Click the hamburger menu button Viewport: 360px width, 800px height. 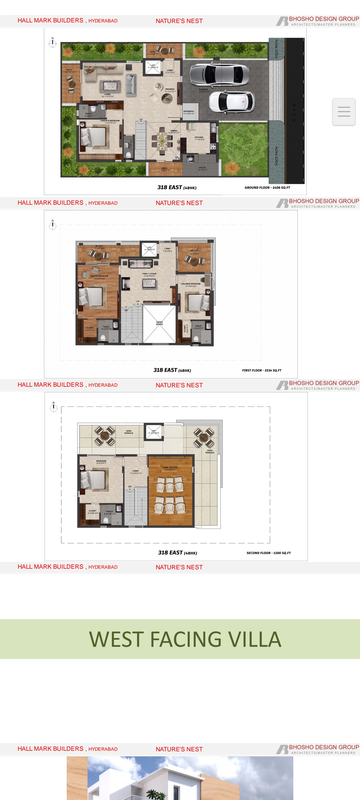coord(344,112)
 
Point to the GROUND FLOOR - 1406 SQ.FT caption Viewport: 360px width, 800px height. coord(267,188)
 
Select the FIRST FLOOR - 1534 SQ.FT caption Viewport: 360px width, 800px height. coord(261,370)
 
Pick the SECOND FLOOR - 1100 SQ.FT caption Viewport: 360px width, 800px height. coord(268,553)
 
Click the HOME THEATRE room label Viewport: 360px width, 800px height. coord(170,467)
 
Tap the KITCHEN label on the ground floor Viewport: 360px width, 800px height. coord(199,137)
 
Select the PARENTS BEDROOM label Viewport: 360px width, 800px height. coord(110,120)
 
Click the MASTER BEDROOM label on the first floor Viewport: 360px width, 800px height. coord(99,276)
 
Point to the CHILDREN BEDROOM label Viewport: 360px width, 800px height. coord(190,284)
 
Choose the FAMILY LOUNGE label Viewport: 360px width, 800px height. coord(149,274)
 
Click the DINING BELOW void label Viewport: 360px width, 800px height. coord(159,323)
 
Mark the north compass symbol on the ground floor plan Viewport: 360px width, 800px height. coord(53,43)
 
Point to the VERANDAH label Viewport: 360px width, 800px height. coord(189,111)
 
